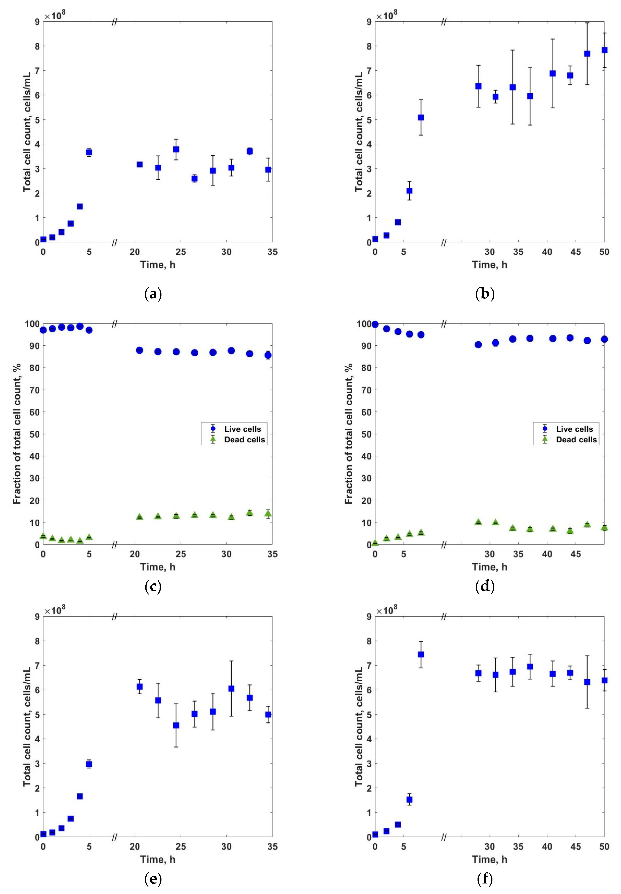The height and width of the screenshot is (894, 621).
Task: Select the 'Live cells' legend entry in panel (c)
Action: point(242,429)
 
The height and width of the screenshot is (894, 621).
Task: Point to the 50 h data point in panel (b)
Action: point(604,50)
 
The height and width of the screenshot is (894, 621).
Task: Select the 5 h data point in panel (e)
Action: point(89,764)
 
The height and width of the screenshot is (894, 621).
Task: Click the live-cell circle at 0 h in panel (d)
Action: point(375,324)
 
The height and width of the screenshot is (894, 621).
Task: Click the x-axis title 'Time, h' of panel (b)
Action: point(490,265)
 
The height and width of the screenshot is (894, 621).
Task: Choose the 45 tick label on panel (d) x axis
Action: point(575,554)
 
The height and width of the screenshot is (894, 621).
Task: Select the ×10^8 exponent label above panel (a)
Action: point(55,15)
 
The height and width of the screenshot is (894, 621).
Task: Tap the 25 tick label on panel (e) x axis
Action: point(181,847)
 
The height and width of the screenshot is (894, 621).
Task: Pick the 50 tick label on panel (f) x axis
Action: point(604,847)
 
